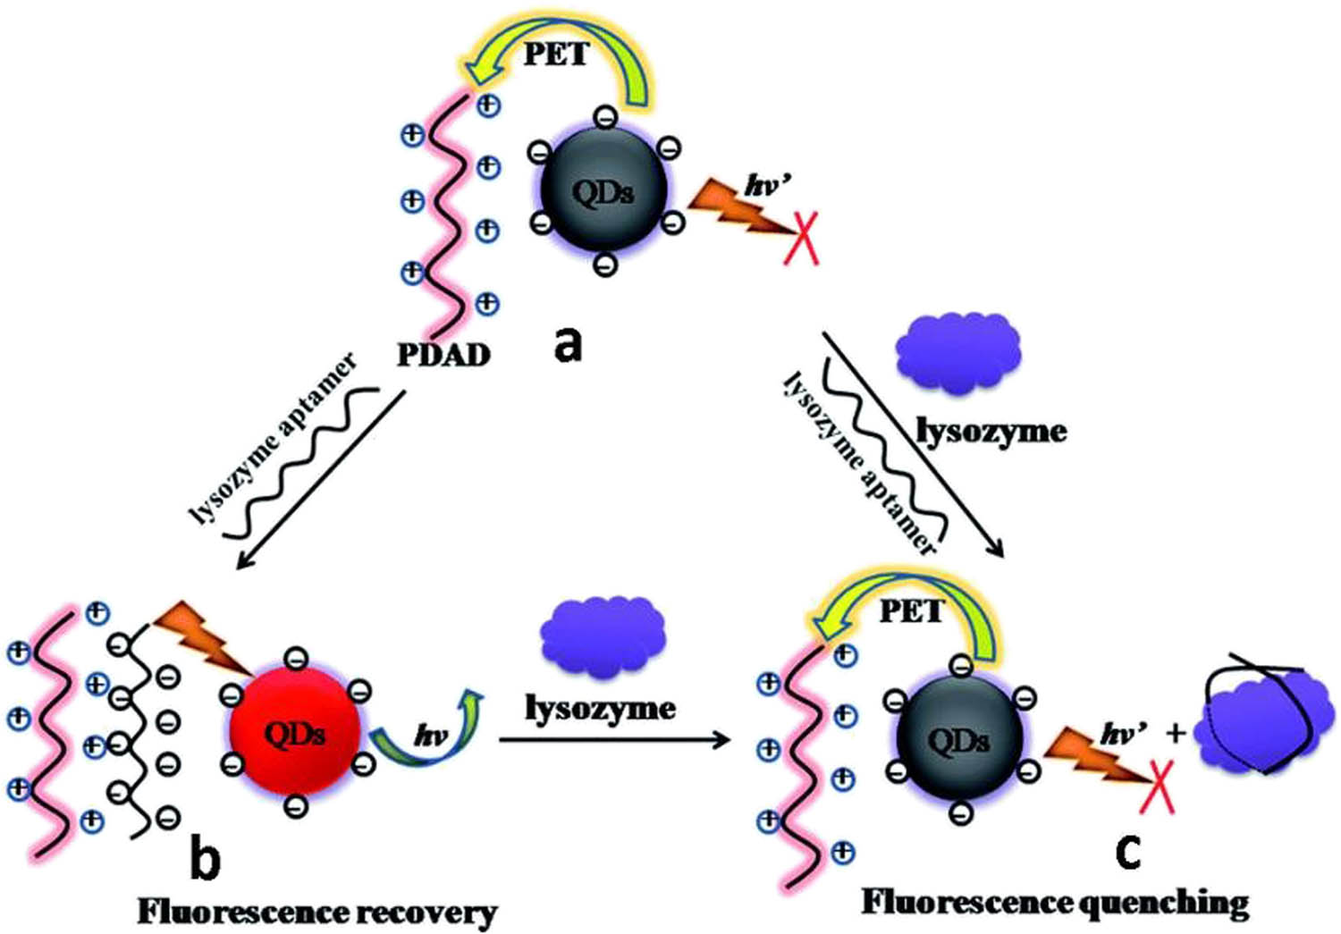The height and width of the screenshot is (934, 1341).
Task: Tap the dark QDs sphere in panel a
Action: coord(603,189)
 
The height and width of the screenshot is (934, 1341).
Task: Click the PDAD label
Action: coord(444,355)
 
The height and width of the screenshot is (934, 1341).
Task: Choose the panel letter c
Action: coord(1128,852)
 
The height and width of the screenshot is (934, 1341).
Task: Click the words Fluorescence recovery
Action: coord(317,913)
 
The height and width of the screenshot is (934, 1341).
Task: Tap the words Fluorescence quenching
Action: coord(1055,903)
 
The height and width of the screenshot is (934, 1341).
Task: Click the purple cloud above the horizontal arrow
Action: coord(603,635)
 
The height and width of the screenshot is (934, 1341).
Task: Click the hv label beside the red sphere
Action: coord(431,736)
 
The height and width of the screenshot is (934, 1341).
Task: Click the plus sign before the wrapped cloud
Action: coord(1176,733)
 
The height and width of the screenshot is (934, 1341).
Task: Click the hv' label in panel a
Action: coord(769,186)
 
